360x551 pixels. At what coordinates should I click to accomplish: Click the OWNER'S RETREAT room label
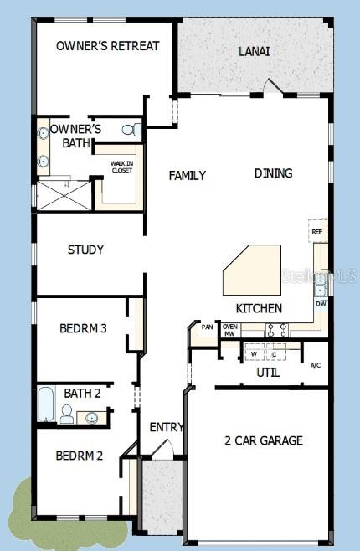[x=107, y=46]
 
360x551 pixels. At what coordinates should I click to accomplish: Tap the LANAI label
[x=254, y=51]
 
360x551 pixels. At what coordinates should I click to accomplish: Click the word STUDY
[x=85, y=250]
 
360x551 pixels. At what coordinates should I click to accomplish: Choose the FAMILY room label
[x=187, y=175]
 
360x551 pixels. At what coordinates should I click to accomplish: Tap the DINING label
[x=273, y=173]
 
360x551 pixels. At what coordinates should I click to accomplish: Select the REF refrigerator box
[x=316, y=232]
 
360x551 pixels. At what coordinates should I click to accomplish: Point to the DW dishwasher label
[x=320, y=304]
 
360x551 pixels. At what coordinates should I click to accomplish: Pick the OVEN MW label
[x=229, y=330]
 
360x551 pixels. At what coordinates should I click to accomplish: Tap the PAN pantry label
[x=207, y=327]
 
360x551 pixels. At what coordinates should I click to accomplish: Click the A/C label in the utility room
[x=316, y=365]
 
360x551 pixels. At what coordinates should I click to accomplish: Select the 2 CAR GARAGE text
[x=263, y=440]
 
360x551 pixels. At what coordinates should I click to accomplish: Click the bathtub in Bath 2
[x=46, y=405]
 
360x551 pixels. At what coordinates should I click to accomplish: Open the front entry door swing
[x=166, y=451]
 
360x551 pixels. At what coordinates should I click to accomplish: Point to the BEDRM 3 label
[x=83, y=328]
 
